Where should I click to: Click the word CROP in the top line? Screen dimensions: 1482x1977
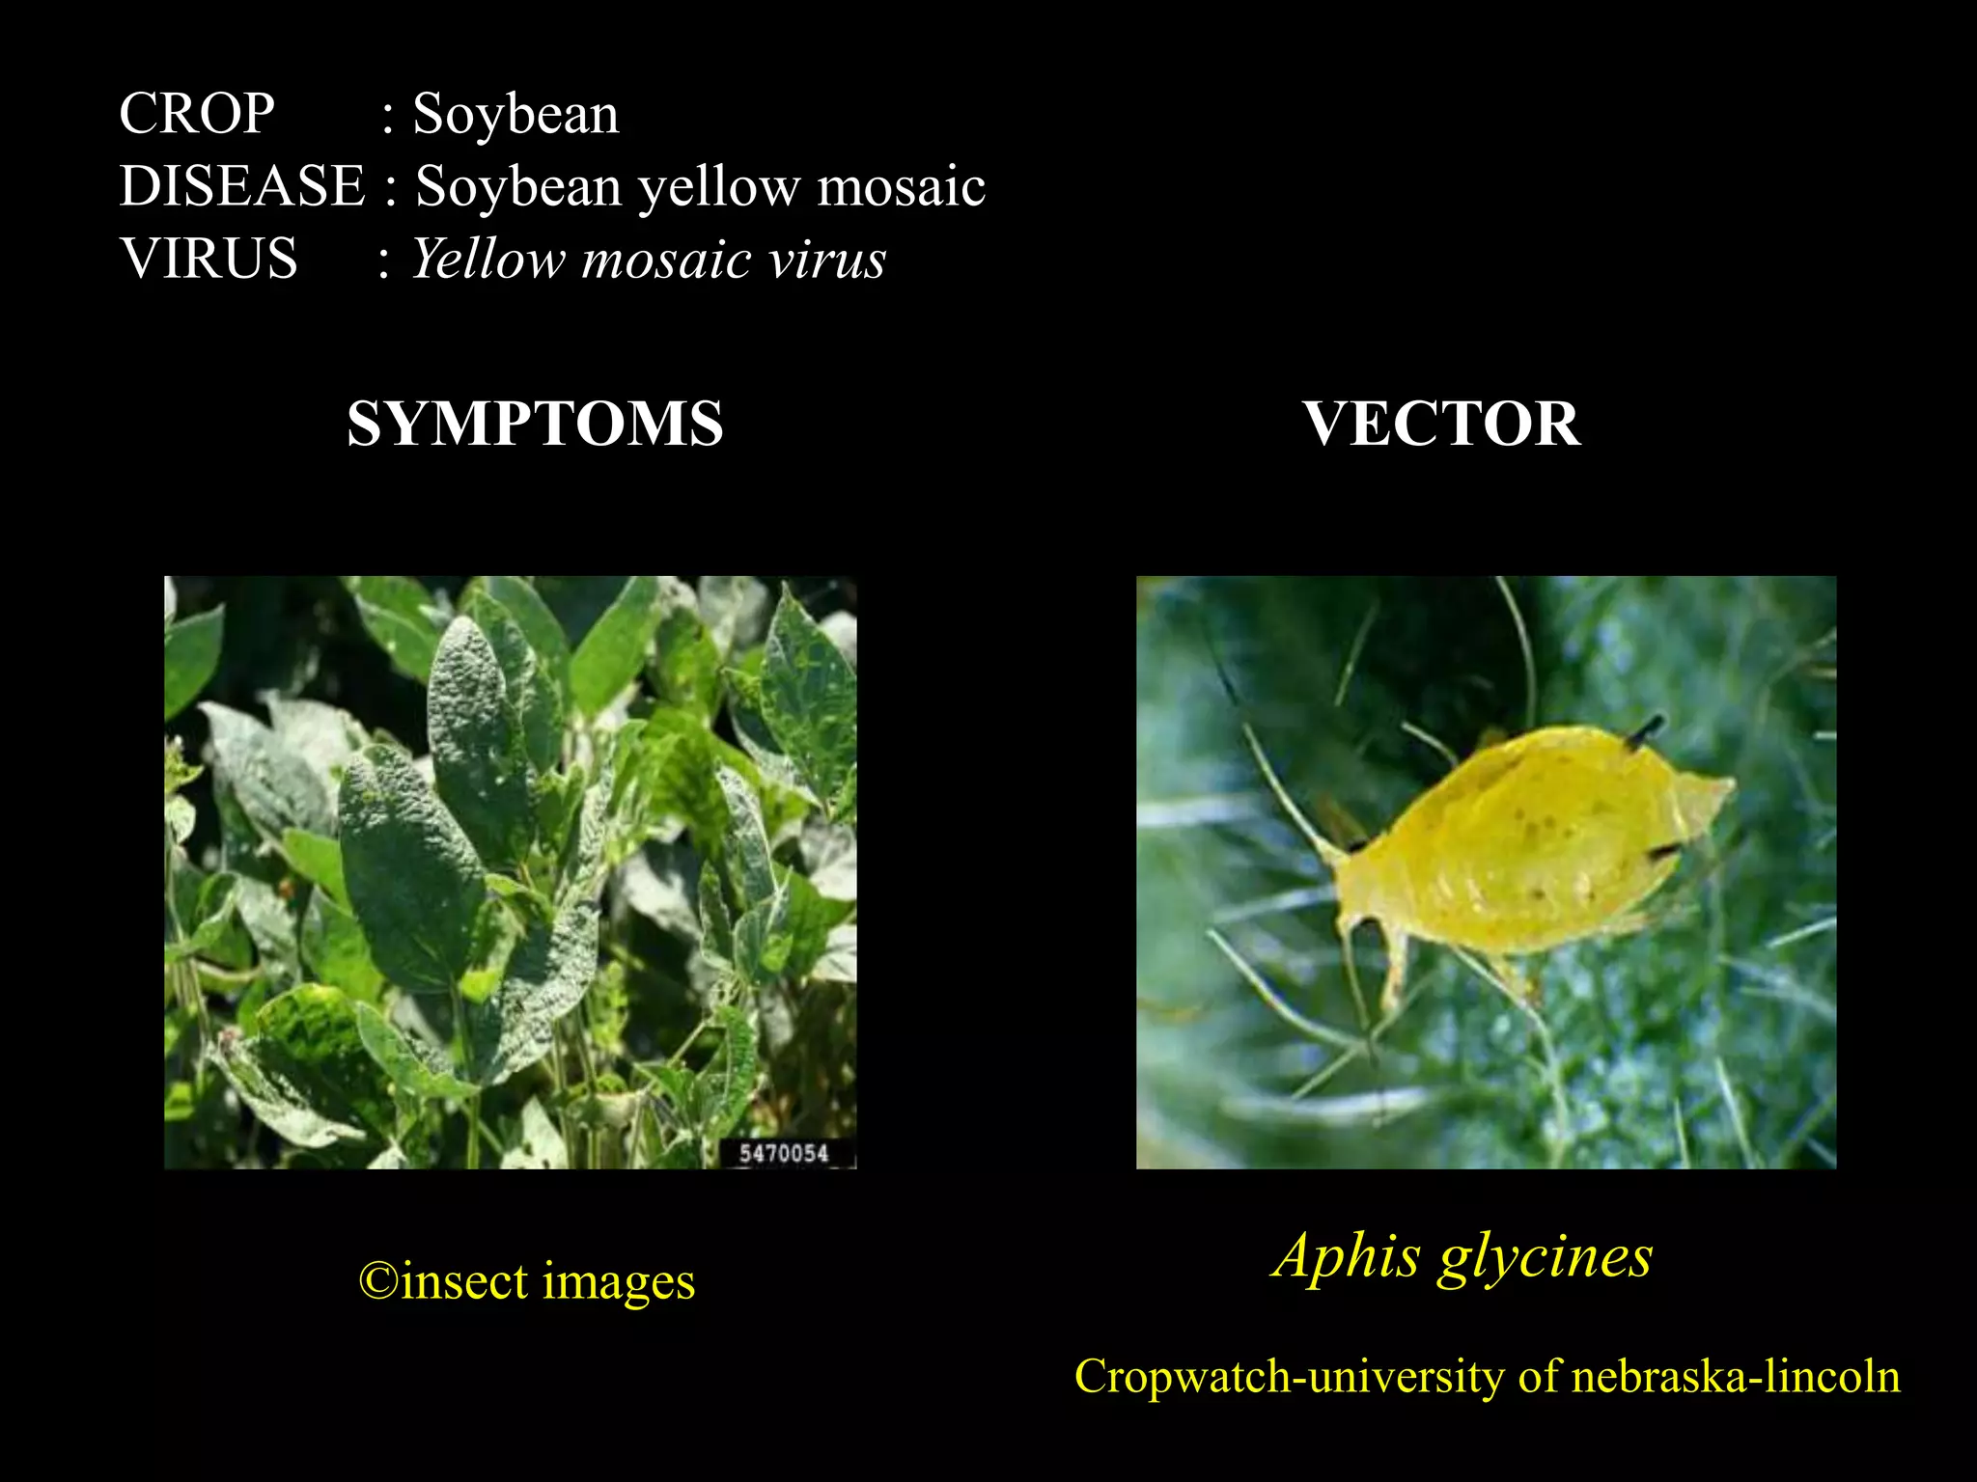pos(197,114)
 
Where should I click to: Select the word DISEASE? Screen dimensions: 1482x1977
pos(242,185)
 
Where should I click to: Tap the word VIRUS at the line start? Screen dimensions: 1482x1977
pos(209,259)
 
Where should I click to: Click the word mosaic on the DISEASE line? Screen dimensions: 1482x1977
pos(902,185)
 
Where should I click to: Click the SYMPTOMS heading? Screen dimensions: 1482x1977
pos(535,424)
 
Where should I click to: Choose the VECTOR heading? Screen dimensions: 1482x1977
pos(1441,424)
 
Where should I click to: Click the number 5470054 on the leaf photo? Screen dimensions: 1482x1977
pos(784,1153)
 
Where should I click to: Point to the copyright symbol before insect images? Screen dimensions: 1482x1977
pos(377,1281)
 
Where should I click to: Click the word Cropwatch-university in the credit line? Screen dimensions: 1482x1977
pos(1291,1376)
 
